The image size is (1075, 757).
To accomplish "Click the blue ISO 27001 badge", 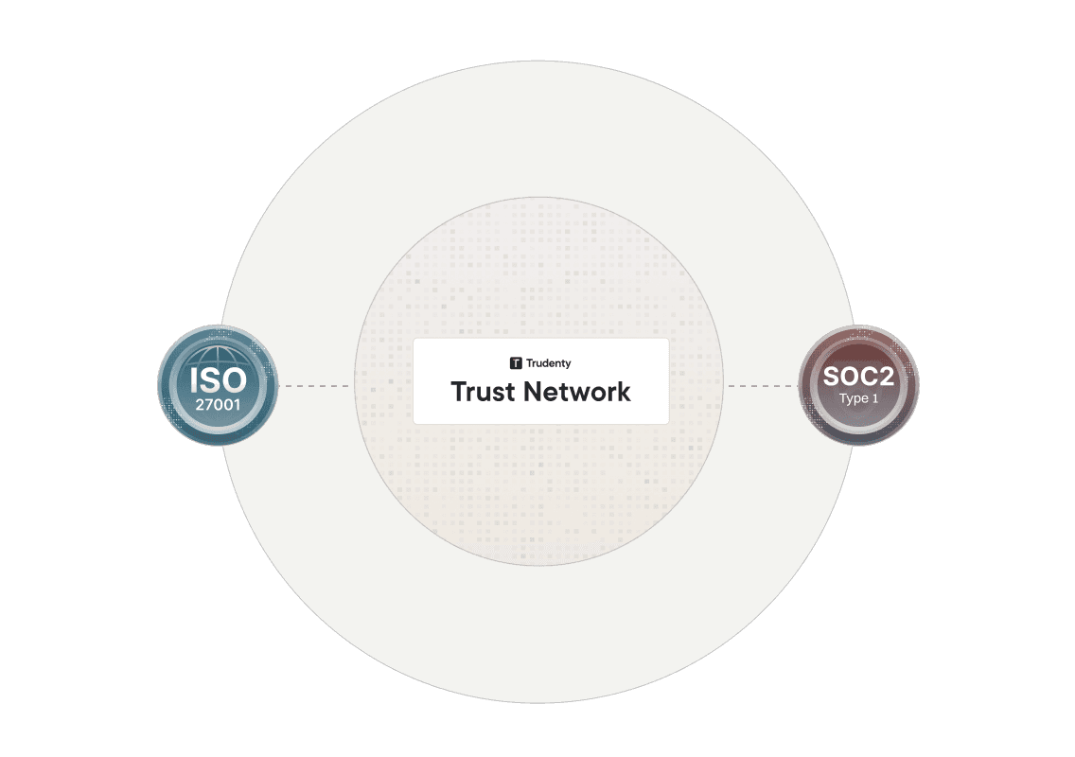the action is coord(218,386).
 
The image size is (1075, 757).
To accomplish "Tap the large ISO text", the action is coord(218,379).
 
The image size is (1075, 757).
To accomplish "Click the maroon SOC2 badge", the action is coord(858,386).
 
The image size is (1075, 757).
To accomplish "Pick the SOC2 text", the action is coord(858,377).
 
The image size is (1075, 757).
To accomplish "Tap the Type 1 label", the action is coord(858,398).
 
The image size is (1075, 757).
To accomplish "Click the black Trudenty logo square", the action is coord(516,362).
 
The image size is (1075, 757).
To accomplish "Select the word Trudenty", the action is coord(549,362).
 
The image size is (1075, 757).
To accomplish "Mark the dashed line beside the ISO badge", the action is coord(316,386).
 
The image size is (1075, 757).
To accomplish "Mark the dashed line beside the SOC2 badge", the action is coord(761,386).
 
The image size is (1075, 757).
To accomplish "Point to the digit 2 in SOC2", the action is coord(885,377).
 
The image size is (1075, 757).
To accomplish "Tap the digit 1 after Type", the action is coord(875,398).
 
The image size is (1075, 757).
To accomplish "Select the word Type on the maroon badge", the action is coord(853,398).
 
